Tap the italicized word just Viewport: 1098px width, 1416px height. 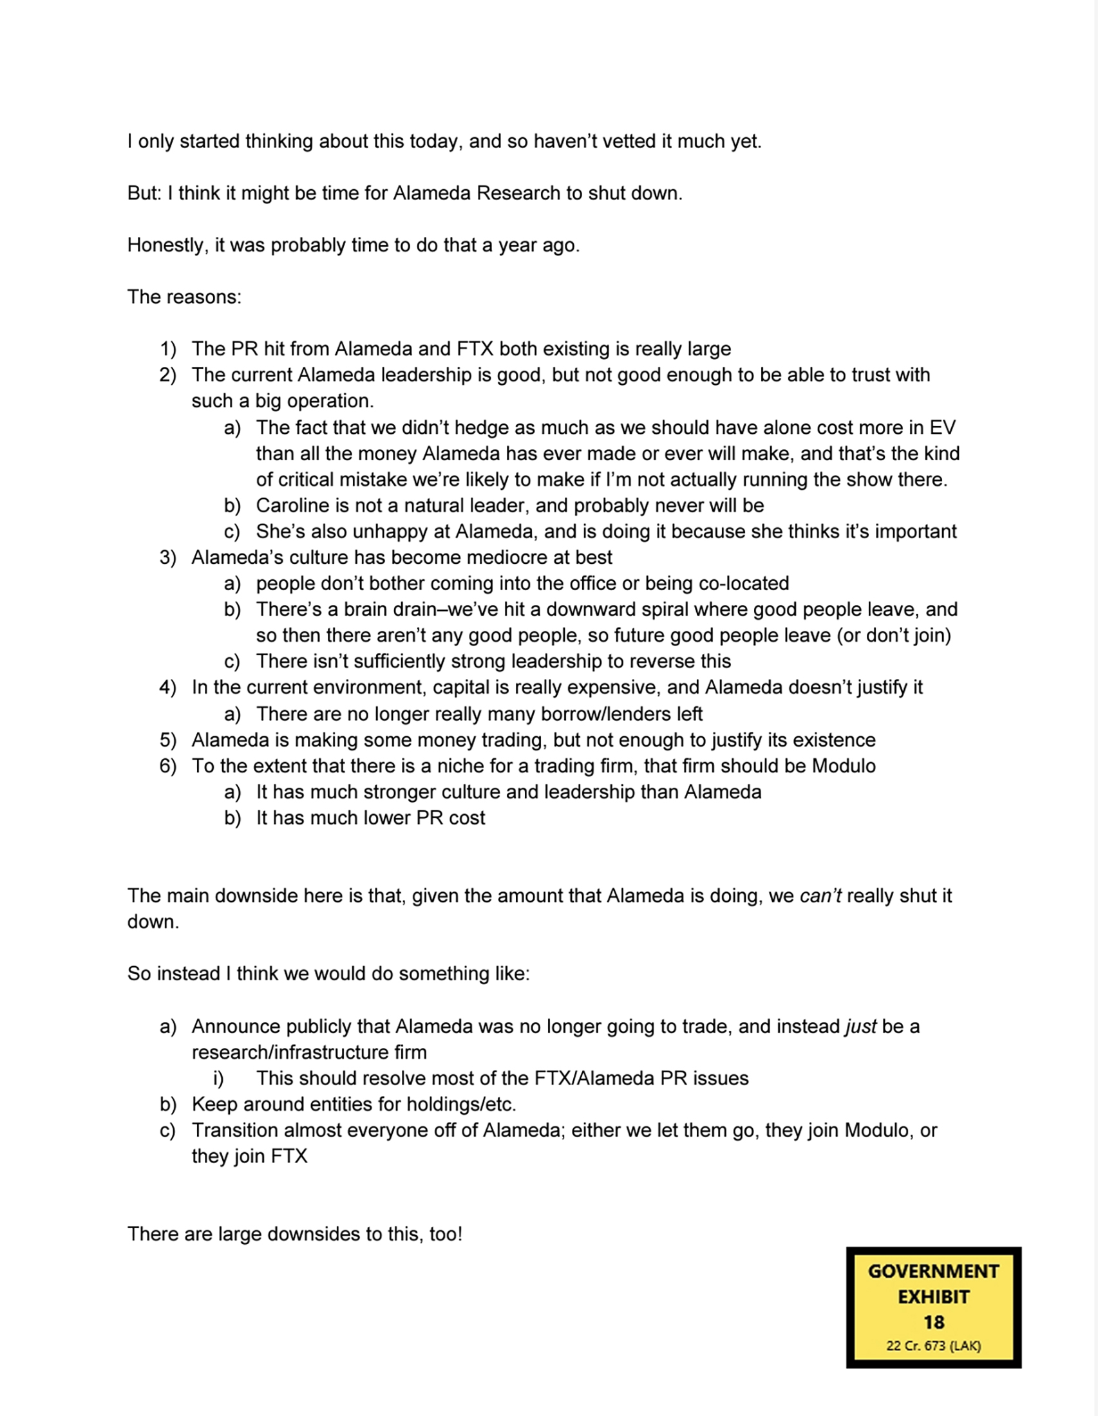click(x=860, y=1027)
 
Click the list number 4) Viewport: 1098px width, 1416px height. click(x=167, y=687)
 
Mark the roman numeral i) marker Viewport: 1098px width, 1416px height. click(x=218, y=1078)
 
